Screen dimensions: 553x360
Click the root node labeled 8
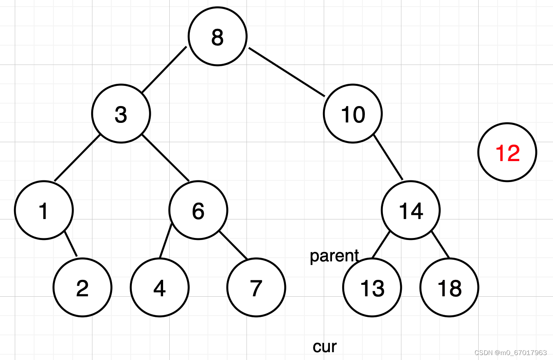[217, 36]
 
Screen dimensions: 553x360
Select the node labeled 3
[121, 113]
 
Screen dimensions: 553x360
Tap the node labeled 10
[353, 113]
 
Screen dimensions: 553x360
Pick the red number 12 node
[507, 152]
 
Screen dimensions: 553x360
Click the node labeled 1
[44, 210]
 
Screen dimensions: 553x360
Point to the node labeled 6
[198, 210]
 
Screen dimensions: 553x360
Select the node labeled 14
[410, 210]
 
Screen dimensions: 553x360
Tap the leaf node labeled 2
[83, 287]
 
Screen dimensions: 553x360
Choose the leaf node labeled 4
[160, 287]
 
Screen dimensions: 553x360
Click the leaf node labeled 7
[256, 287]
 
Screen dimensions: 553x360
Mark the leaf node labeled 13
[372, 287]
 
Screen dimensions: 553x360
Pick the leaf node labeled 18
[449, 287]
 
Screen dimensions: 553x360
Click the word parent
[334, 256]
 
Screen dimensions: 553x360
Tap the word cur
[325, 347]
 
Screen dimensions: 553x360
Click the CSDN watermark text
[511, 353]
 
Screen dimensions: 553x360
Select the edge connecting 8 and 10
[287, 72]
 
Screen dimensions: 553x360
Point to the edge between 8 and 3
[164, 69]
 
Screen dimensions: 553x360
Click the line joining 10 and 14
[388, 157]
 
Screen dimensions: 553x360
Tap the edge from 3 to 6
[166, 158]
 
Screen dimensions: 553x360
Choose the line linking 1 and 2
[71, 244]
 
